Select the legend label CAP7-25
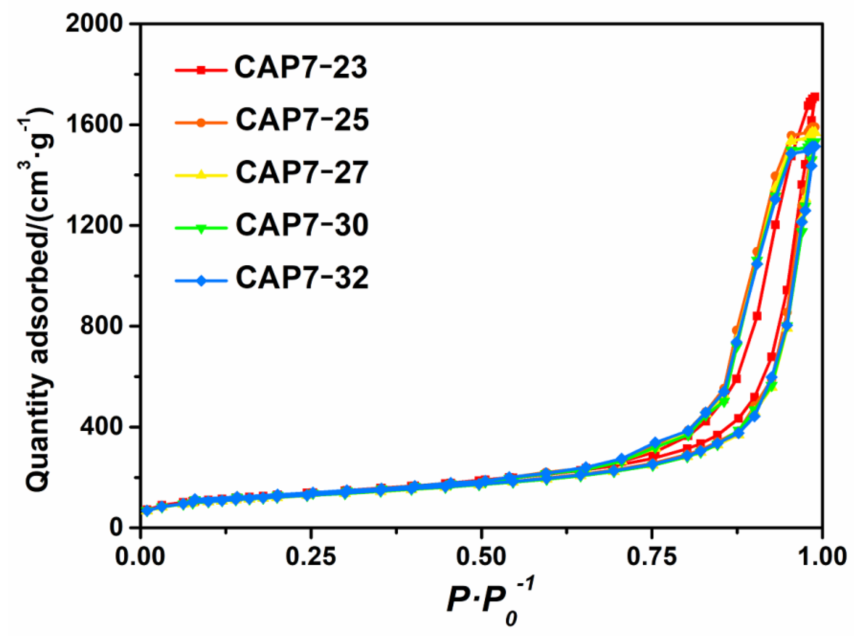click(302, 120)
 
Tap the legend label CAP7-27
click(302, 173)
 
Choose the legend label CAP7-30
click(302, 226)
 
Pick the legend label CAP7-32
click(302, 278)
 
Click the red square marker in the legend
click(200, 70)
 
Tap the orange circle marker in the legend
click(200, 122)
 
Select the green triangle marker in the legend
click(200, 228)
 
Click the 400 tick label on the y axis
click(106, 427)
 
